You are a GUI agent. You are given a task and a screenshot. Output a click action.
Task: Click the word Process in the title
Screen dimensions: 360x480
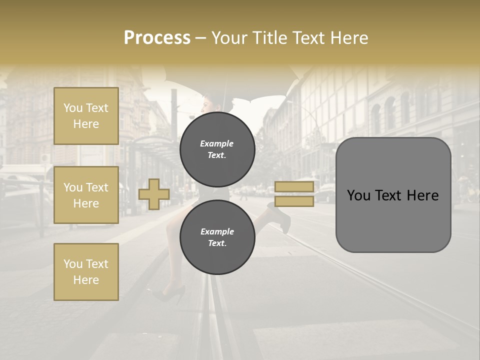[157, 37]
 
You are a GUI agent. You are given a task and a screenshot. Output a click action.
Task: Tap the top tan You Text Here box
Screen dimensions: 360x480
[86, 116]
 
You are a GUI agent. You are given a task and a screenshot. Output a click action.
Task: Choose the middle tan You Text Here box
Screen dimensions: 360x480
[86, 195]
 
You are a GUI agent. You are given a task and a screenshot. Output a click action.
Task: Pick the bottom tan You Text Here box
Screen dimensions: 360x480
[86, 271]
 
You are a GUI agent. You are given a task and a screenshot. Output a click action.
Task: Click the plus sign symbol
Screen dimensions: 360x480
[153, 194]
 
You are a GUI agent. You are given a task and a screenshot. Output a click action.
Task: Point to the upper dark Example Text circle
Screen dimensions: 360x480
[217, 149]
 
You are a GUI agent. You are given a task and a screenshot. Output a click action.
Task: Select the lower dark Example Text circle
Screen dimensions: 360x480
[217, 237]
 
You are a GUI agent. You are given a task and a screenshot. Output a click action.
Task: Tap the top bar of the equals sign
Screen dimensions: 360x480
[294, 186]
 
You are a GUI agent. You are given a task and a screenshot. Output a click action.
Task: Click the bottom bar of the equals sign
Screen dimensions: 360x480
[294, 201]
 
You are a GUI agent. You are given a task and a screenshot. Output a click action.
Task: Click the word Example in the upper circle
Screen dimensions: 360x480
[217, 143]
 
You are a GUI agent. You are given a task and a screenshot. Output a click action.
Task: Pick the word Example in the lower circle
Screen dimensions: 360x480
[217, 231]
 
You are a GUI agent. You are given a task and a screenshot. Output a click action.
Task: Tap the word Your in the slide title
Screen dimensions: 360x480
[229, 37]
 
